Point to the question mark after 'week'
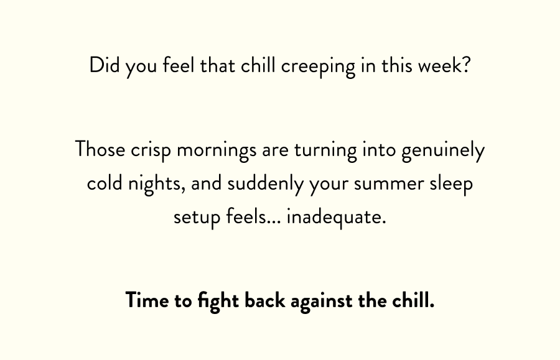click(465, 65)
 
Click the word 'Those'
click(100, 149)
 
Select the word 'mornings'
click(217, 151)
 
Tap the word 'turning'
click(325, 151)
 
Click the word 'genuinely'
click(443, 151)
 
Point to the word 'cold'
click(105, 183)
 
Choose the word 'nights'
click(156, 185)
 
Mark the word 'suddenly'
click(265, 185)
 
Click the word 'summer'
click(389, 185)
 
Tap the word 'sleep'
click(451, 185)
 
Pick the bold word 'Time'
click(147, 300)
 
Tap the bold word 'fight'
click(218, 302)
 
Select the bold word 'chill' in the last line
click(413, 300)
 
